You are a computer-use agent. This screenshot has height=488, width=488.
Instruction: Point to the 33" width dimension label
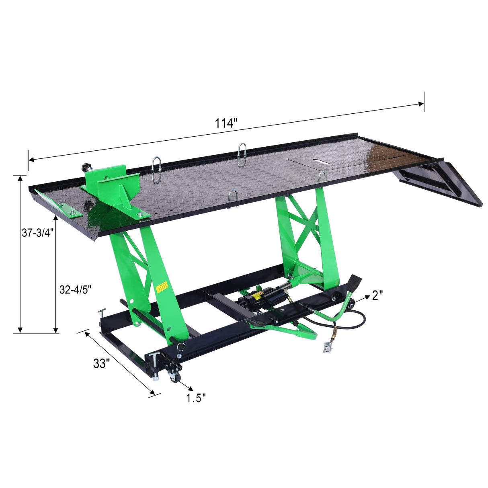pyautogui.click(x=101, y=364)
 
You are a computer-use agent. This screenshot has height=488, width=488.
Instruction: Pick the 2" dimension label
pyautogui.click(x=377, y=295)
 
